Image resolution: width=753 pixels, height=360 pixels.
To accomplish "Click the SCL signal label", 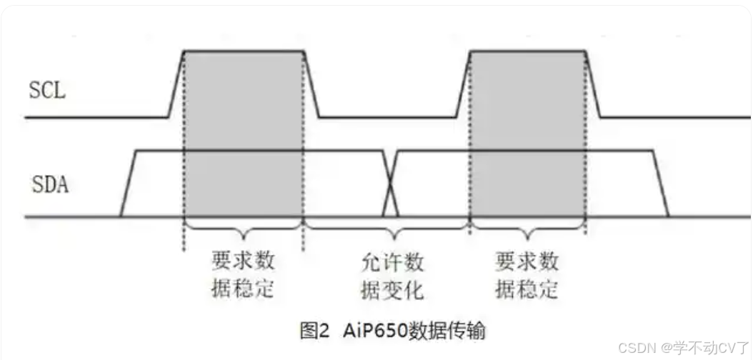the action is click(47, 91).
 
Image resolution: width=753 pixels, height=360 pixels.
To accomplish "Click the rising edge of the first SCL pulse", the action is click(176, 83).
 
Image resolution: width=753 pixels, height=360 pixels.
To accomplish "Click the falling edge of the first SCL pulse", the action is click(311, 83).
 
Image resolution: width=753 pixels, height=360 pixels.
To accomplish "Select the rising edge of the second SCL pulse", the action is click(463, 83).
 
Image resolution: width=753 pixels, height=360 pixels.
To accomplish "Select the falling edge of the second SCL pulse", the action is click(592, 83).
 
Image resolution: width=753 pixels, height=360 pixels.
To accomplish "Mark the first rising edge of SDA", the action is click(129, 184).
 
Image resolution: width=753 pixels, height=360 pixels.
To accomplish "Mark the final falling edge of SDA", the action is click(660, 184).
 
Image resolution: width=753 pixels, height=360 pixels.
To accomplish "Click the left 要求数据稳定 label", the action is click(244, 275).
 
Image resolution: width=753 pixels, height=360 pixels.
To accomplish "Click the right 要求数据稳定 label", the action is click(527, 276).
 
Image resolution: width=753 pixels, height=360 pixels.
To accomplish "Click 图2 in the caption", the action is click(314, 331).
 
